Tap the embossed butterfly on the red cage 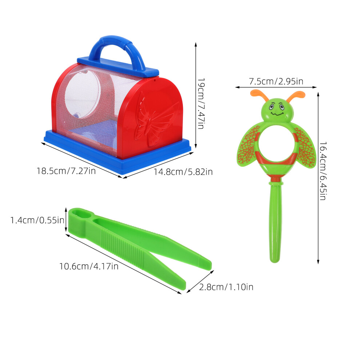pos(156,119)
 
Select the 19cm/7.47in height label pos(201,103)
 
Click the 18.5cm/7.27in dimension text pos(66,171)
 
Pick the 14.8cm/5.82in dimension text pos(183,172)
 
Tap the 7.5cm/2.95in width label pos(276,81)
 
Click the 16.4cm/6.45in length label pos(323,171)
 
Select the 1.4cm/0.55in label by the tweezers pos(37,220)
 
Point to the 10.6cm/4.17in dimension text pos(89,266)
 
